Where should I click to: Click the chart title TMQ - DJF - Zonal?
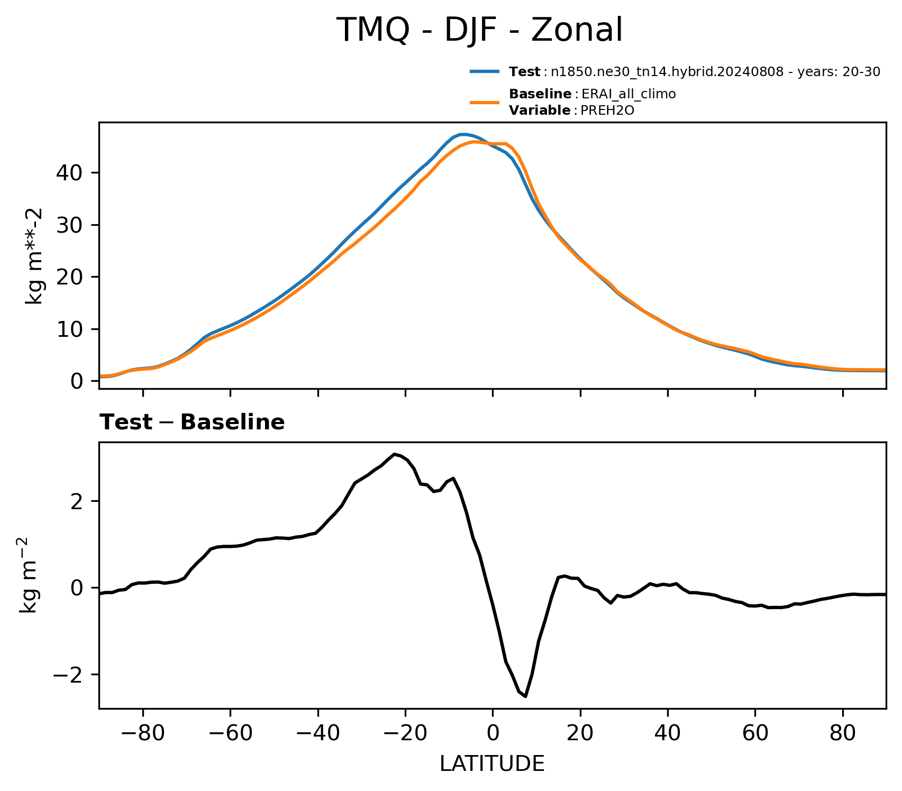(x=480, y=30)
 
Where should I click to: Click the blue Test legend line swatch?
(x=485, y=71)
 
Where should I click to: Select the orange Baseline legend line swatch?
(x=485, y=102)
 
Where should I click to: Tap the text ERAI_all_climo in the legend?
(x=628, y=95)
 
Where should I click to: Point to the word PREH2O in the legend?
(x=608, y=111)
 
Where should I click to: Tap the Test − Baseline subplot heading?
(x=193, y=422)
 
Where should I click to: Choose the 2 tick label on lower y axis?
(x=77, y=501)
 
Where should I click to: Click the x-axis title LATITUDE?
(x=492, y=764)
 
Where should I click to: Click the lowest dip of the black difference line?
(x=525, y=696)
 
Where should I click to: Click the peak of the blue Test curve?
(x=463, y=134)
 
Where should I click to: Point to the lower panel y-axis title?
(x=29, y=575)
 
